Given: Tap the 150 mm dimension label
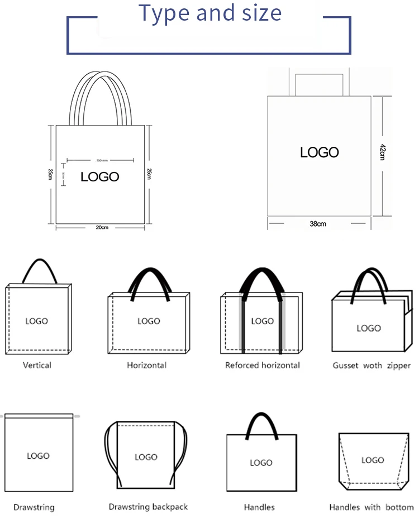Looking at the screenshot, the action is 102,161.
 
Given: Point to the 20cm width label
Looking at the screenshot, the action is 101,227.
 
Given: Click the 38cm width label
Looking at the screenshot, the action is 317,224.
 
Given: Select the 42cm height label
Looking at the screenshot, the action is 382,152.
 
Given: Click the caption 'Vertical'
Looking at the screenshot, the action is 37,365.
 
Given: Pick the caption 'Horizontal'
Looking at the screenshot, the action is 146,366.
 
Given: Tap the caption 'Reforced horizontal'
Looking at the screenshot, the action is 262,366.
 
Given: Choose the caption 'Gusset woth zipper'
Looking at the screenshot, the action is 372,366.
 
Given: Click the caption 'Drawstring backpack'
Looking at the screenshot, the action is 148,507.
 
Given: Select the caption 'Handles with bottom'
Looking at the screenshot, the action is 372,507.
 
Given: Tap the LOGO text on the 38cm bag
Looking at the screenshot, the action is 320,152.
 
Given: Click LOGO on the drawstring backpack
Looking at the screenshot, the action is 146,457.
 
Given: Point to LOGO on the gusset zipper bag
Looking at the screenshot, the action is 369,328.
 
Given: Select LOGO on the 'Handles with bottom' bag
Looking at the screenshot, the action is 373,460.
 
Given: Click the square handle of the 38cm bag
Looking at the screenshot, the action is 320,73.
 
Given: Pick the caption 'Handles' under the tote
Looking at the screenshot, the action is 259,507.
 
